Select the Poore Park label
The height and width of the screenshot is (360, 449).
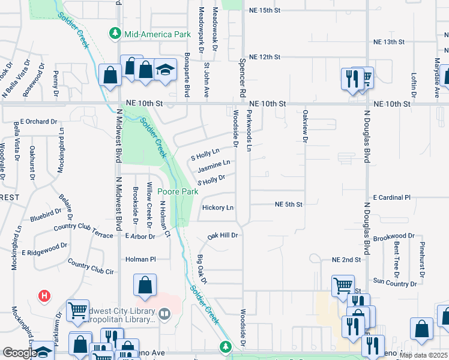click(x=178, y=191)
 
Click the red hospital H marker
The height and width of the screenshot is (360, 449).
click(x=44, y=296)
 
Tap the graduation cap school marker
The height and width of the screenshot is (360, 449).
click(x=165, y=70)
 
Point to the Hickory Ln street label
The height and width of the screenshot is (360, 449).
click(x=218, y=208)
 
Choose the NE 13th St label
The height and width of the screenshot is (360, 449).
click(x=389, y=42)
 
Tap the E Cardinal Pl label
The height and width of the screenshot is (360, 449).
click(x=391, y=197)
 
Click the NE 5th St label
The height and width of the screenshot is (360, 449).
click(x=288, y=205)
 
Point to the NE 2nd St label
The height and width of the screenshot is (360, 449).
click(x=346, y=259)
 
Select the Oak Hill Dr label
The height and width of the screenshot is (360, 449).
click(x=224, y=236)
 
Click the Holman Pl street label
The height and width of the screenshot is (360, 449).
click(x=140, y=259)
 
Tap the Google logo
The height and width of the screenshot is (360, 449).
click(x=19, y=353)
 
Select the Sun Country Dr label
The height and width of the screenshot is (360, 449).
click(x=390, y=281)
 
